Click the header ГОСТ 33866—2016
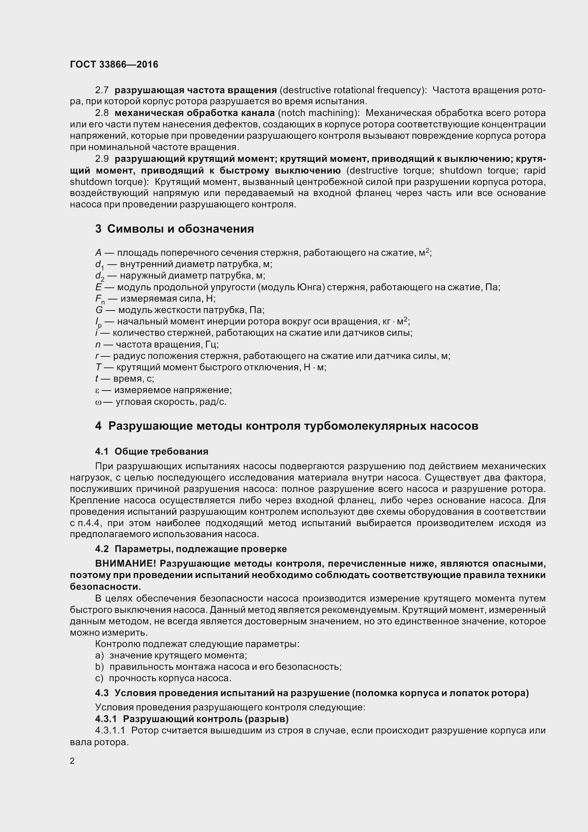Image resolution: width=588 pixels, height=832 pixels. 114,64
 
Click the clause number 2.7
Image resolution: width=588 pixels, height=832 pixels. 102,90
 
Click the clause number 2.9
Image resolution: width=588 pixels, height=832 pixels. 102,159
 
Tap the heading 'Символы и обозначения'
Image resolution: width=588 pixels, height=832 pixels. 180,229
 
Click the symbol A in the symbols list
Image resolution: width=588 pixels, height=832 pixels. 98,253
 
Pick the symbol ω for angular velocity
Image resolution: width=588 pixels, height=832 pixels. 98,402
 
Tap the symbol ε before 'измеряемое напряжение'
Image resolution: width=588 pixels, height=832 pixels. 97,390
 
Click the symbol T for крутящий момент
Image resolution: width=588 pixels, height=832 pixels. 98,367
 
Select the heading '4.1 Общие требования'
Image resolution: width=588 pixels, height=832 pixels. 152,451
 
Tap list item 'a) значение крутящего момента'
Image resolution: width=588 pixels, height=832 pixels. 171,655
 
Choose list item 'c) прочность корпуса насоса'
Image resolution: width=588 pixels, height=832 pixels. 163,678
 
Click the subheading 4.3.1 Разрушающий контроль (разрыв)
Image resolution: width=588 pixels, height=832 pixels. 192,719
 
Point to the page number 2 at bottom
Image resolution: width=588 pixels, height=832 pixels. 72,761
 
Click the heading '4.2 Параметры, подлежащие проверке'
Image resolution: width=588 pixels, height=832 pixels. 191,549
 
